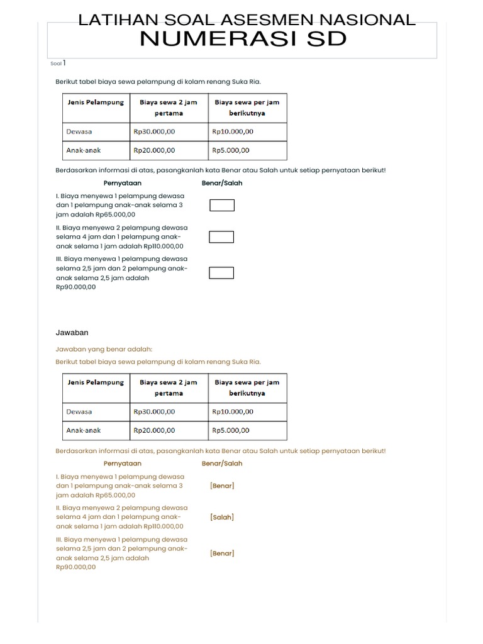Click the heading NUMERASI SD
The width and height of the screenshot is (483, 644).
pos(243,38)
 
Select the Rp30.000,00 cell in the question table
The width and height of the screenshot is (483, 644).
pos(154,131)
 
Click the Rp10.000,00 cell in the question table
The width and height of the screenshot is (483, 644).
pos(233,131)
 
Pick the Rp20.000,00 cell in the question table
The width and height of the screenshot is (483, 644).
pos(154,150)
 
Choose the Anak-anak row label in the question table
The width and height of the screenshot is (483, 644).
pos(84,150)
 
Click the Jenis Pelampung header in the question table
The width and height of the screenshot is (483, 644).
pos(96,102)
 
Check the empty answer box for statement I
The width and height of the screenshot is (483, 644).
pos(221,205)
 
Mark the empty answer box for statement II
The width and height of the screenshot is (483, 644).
pos(221,237)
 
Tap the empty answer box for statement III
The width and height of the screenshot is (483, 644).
pos(221,272)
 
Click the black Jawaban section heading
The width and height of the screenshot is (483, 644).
pos(72,332)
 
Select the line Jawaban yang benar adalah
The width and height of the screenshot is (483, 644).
pos(104,349)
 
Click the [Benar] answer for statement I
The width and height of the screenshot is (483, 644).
pos(222,486)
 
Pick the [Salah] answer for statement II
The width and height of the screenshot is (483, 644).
pos(222,517)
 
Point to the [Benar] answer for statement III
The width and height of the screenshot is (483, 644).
pos(222,553)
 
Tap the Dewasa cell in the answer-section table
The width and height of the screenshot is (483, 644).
pos(79,411)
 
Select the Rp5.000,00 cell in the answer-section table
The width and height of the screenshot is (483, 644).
pos(231,430)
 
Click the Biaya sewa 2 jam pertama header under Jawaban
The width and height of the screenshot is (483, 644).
pos(169,387)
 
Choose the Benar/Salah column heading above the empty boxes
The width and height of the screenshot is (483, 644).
pos(222,183)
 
